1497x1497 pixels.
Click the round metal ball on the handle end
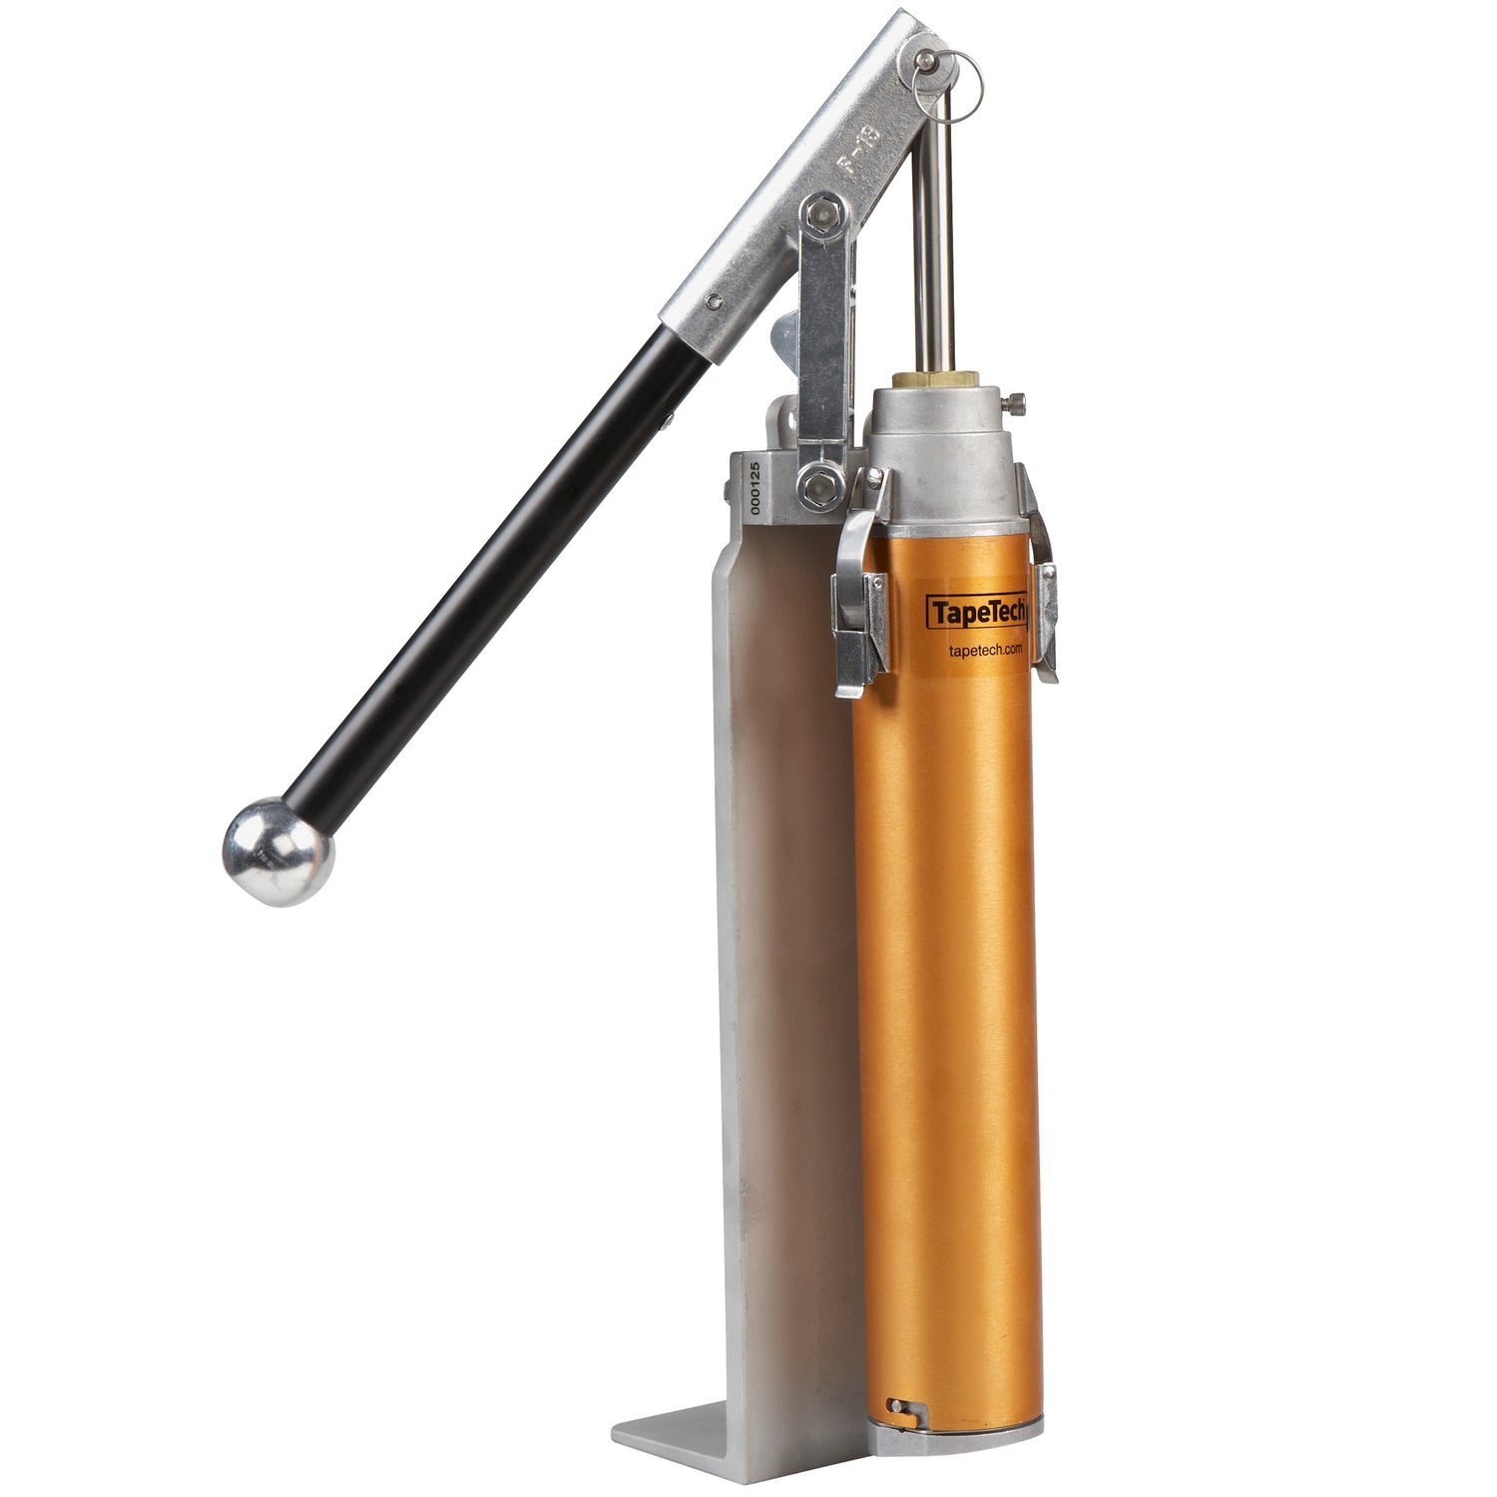point(277,851)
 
